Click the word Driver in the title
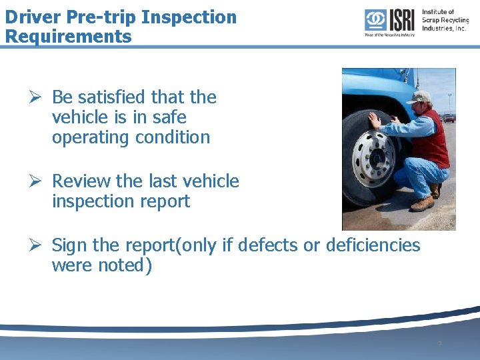tap(32, 17)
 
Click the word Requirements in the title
tap(68, 36)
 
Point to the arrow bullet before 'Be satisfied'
tap(38, 97)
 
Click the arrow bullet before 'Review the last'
tap(38, 181)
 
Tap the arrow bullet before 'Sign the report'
tap(38, 245)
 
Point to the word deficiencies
tap(373, 245)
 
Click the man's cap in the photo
tap(420, 97)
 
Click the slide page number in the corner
tap(439, 343)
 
